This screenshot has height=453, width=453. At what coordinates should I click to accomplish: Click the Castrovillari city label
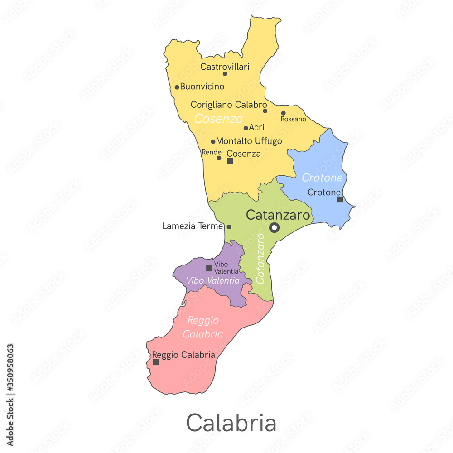225,67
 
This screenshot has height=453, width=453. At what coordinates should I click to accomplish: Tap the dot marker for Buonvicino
177,87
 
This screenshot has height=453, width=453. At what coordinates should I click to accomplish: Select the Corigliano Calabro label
229,105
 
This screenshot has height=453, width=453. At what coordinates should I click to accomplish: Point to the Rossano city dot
283,113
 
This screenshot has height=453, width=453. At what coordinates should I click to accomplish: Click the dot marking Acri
246,128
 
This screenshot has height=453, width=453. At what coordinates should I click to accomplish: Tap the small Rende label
211,152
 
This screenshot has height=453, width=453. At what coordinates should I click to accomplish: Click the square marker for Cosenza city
230,161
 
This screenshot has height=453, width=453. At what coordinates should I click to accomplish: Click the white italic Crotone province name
322,178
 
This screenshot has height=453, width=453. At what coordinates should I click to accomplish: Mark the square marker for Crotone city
340,199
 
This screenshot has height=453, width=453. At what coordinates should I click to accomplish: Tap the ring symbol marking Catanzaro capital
274,227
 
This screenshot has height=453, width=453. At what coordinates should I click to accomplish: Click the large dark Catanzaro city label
278,215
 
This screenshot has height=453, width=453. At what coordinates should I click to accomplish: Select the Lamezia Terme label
193,226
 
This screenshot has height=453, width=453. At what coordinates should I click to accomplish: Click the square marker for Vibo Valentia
209,268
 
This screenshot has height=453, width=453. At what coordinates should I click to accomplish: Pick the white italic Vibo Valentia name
212,280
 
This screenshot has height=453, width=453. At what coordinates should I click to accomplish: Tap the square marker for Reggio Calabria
155,362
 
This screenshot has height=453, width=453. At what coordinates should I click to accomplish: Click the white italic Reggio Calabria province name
203,327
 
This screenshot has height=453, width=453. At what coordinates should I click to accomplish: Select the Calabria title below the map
231,423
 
